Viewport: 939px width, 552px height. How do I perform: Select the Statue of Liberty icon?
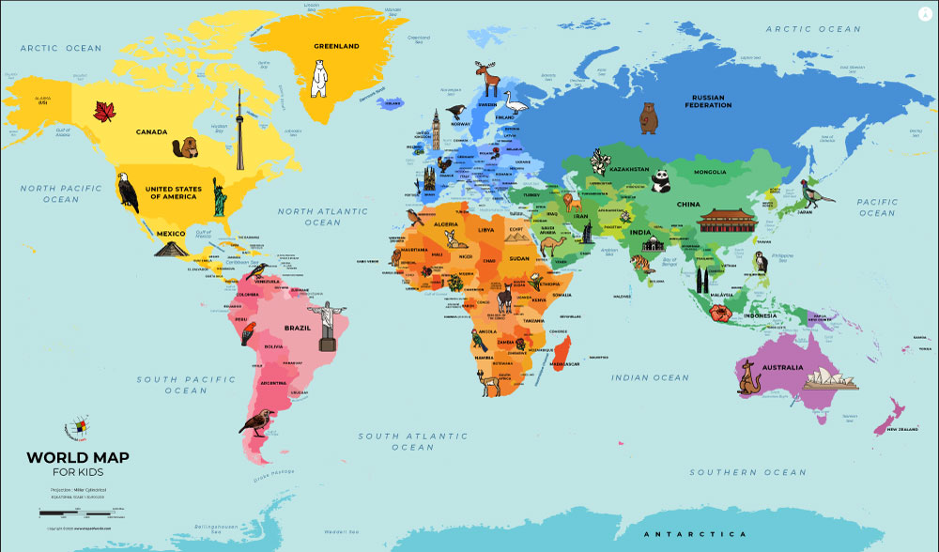(x=218, y=197)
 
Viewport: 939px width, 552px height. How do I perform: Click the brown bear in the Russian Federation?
(x=648, y=118)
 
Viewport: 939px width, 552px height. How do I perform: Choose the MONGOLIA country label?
(x=710, y=173)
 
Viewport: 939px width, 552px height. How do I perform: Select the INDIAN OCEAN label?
(x=650, y=377)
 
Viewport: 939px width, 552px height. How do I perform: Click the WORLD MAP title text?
(x=78, y=457)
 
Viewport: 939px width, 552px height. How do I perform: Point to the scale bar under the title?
(x=81, y=513)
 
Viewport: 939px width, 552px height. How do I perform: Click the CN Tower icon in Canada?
(x=239, y=131)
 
